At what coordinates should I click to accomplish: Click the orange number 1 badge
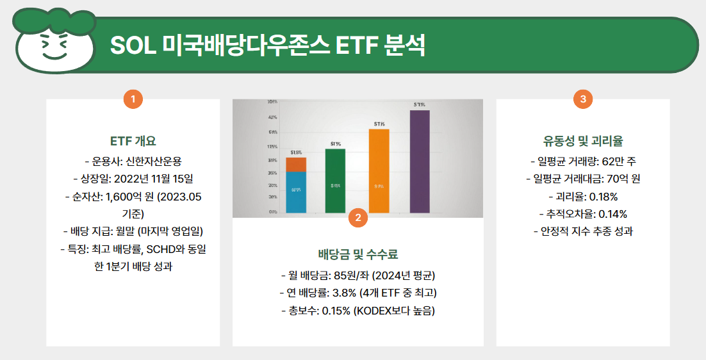133,99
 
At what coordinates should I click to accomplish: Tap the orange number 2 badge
357,218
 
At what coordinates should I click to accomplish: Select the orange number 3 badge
582,99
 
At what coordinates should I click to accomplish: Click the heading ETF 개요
133,141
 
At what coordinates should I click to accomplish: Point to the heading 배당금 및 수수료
357,253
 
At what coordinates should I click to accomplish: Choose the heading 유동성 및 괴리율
582,141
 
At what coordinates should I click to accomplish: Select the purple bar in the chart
420,161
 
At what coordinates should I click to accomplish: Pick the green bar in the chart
335,180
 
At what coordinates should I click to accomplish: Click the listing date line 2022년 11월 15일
133,178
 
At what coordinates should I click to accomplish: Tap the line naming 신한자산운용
133,160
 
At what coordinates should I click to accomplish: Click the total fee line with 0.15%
357,311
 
